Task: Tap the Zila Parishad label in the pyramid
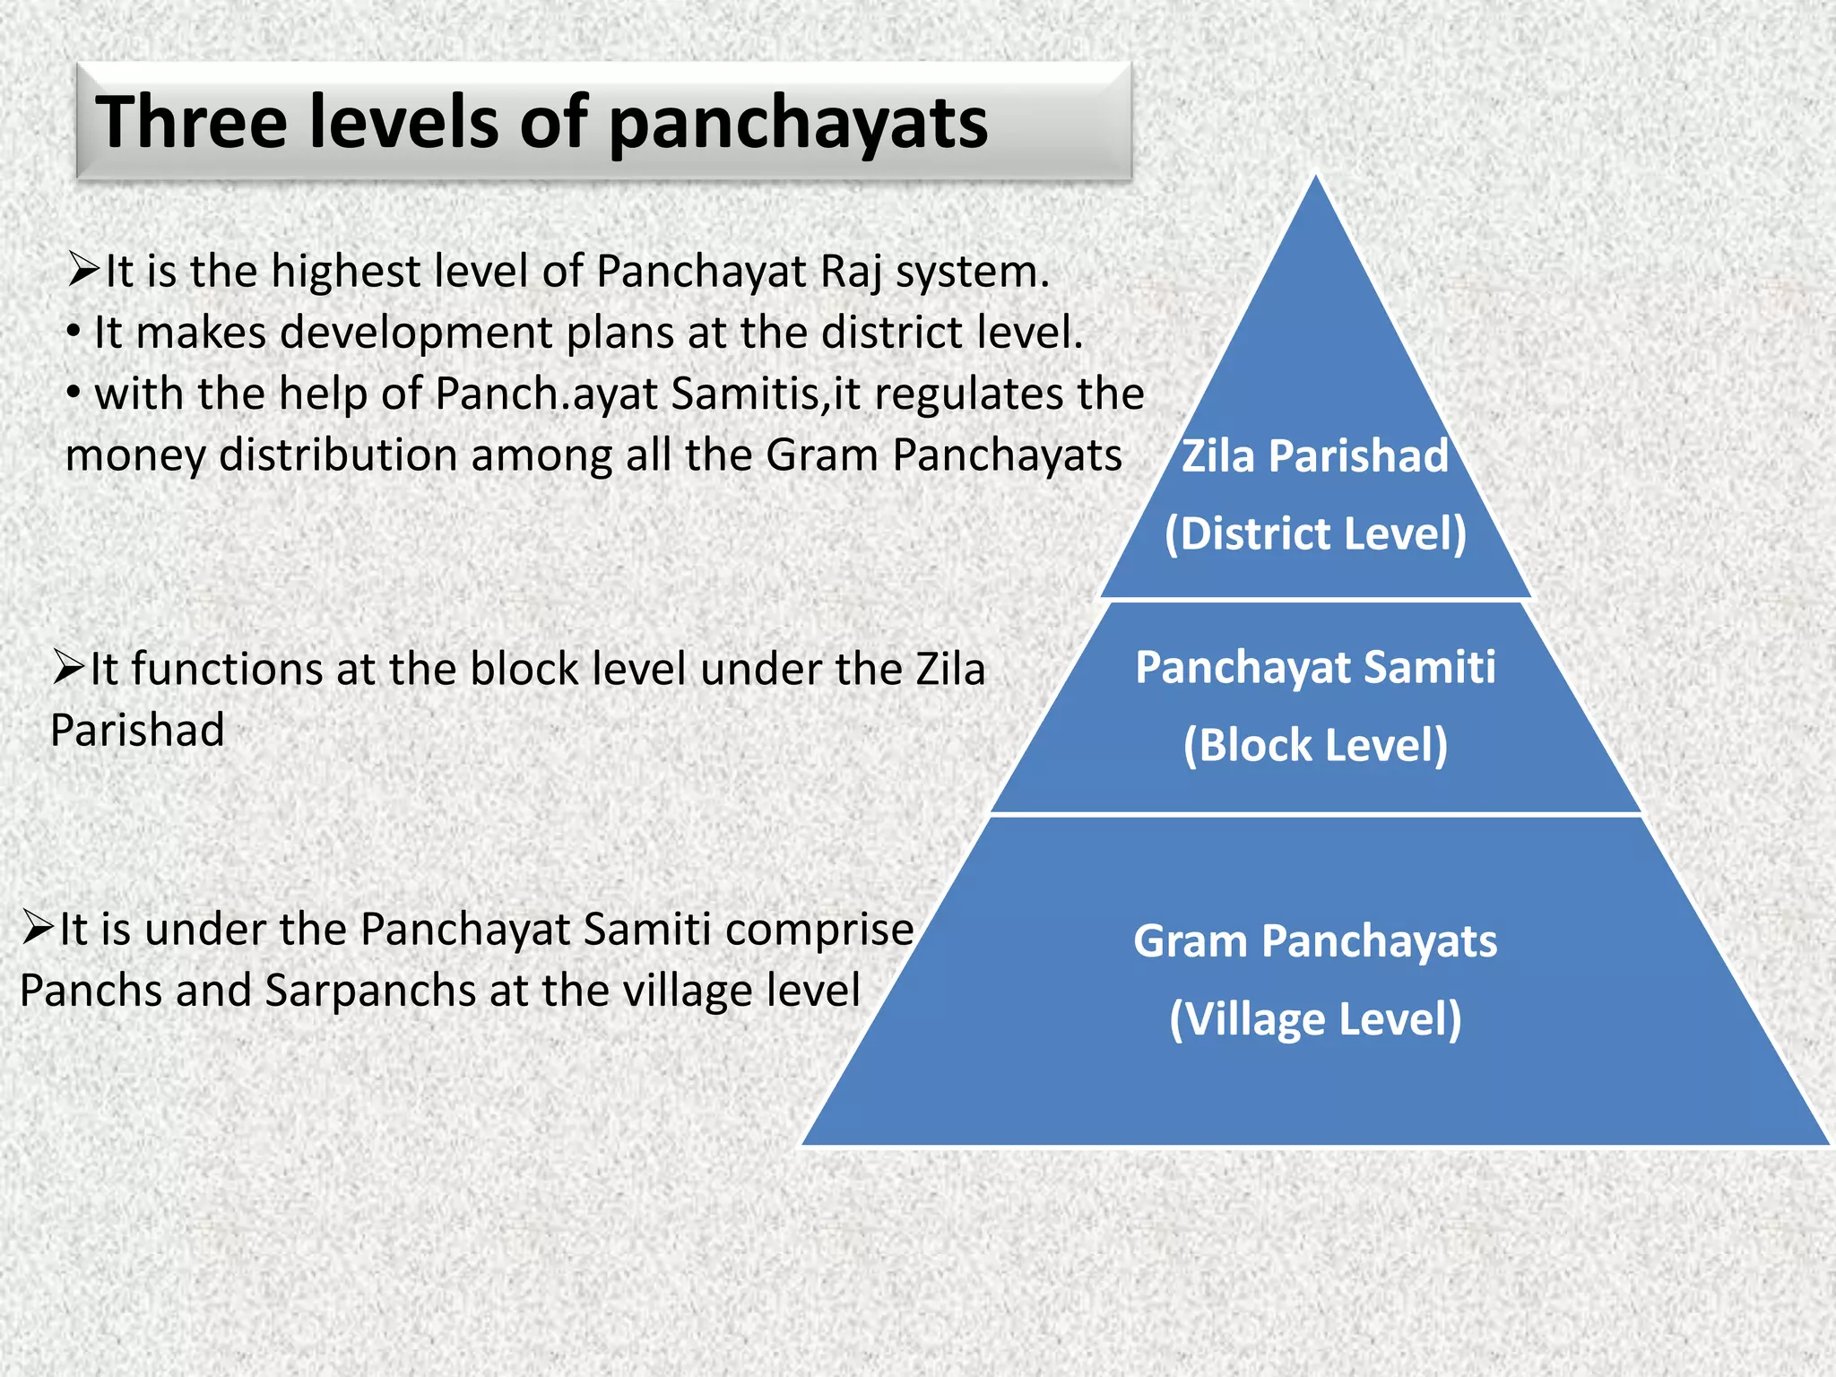(x=1314, y=455)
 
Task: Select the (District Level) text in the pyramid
(x=1315, y=533)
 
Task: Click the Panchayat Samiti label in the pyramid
(x=1315, y=668)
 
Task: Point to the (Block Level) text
(x=1315, y=745)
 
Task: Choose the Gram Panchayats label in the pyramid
(x=1315, y=941)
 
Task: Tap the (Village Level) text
(x=1315, y=1019)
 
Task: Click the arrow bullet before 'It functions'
(x=68, y=667)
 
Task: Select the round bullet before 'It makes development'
(x=74, y=333)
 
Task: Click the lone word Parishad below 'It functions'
(x=137, y=730)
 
